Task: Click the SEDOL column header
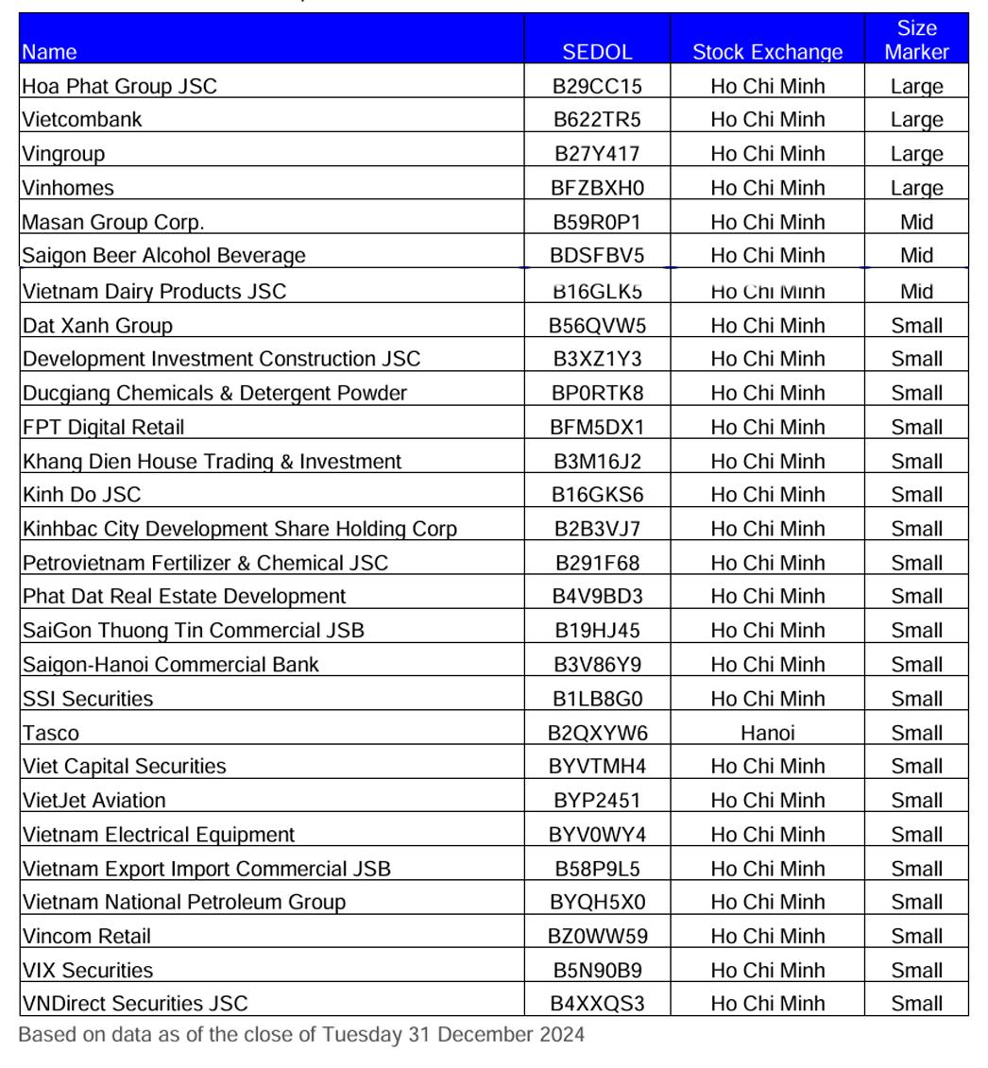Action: [597, 52]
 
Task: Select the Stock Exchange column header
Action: [767, 52]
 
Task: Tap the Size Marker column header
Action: [916, 40]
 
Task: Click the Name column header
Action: [49, 52]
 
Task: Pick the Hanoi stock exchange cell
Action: [767, 733]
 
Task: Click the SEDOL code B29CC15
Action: [597, 86]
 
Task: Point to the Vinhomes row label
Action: [68, 188]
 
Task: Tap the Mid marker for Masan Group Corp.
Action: [916, 222]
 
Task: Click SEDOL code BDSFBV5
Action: [597, 256]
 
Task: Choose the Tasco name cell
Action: [51, 733]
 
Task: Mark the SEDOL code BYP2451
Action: [597, 801]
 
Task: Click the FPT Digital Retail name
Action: [103, 427]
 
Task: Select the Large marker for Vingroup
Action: [916, 154]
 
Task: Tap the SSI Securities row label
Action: [88, 699]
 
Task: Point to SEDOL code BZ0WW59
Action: [597, 937]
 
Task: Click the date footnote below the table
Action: [301, 1035]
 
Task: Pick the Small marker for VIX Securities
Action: [916, 971]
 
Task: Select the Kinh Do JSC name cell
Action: [82, 495]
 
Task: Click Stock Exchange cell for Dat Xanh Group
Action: [767, 326]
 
